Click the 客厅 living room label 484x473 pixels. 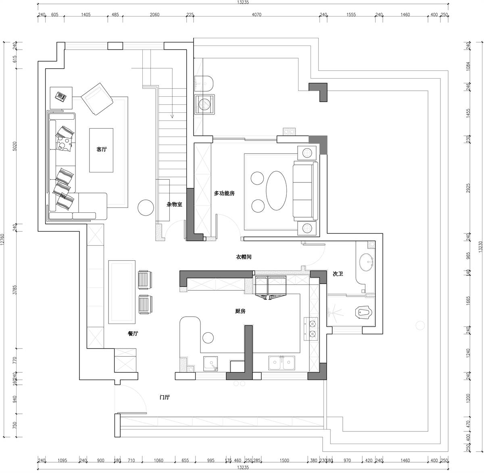coord(102,149)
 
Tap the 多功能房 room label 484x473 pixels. coord(224,193)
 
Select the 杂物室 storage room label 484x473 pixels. coord(174,204)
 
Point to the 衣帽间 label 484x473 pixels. coord(244,257)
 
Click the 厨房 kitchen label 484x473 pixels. coord(240,311)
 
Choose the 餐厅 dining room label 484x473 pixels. coord(133,333)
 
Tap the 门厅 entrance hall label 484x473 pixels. coord(165,397)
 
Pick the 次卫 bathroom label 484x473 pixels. coord(338,274)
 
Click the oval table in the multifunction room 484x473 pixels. coord(276,191)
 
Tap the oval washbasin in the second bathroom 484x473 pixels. coord(366,262)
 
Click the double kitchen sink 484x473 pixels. coord(282,363)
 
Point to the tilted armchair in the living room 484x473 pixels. coord(97,99)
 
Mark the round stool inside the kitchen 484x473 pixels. coord(208,338)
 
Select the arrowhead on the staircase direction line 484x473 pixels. coord(172,116)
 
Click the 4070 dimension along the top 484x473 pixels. coord(257,15)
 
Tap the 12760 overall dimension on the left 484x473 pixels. coord(2,239)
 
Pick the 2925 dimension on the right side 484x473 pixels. coord(469,188)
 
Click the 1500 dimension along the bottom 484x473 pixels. coord(284,461)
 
